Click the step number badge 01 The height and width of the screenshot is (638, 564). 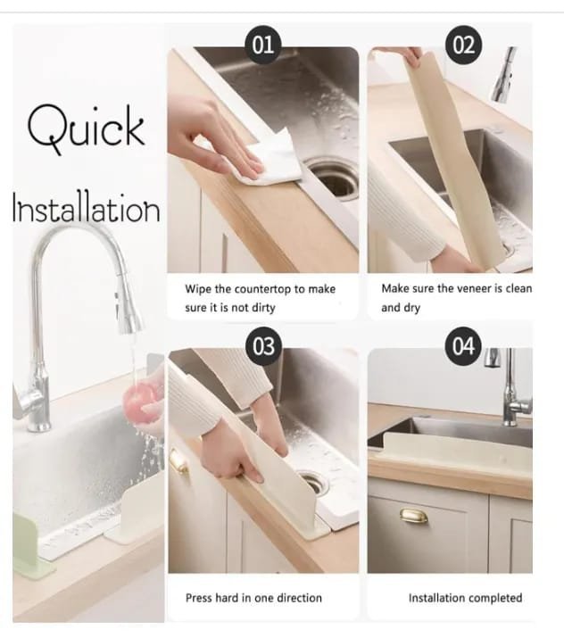tap(263, 45)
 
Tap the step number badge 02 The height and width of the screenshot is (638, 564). tap(464, 45)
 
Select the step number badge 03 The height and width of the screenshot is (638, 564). tap(263, 346)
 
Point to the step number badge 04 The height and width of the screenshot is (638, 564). tap(464, 346)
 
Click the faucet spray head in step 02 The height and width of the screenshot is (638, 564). tap(504, 74)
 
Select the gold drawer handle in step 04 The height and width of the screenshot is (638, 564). tap(413, 516)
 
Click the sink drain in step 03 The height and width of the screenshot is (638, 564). tap(312, 483)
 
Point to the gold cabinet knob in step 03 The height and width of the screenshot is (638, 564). tap(178, 460)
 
